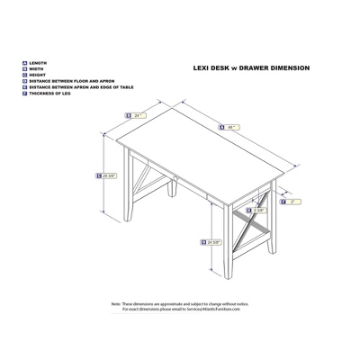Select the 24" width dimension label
[x=140, y=115]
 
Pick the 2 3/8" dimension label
[x=259, y=210]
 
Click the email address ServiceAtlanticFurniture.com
[x=228, y=312]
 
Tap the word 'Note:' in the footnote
[x=116, y=307]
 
